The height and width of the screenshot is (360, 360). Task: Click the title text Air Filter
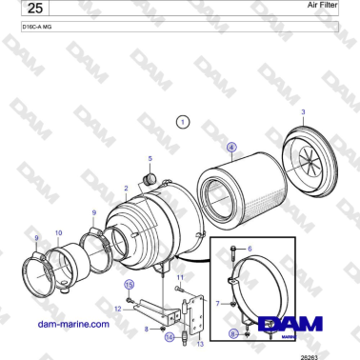click(x=322, y=6)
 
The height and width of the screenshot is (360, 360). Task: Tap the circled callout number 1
click(x=184, y=122)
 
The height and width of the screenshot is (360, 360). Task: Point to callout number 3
click(x=303, y=112)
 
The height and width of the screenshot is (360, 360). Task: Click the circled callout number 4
click(x=230, y=147)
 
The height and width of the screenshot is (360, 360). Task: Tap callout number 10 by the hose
click(x=58, y=231)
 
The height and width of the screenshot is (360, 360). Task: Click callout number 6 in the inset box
click(x=250, y=248)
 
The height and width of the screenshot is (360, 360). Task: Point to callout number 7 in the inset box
click(x=218, y=303)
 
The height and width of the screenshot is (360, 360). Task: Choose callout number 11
click(x=179, y=276)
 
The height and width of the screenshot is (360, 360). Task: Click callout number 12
click(x=117, y=309)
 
